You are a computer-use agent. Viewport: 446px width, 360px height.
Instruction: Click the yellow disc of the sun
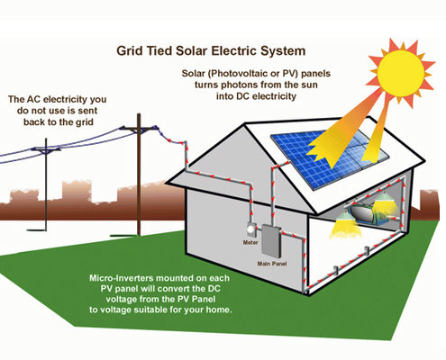point(401,71)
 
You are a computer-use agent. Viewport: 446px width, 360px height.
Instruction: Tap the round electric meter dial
point(250,230)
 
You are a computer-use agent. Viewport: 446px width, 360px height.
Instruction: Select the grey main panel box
point(271,241)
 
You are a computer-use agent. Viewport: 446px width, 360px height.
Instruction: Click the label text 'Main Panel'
point(272,264)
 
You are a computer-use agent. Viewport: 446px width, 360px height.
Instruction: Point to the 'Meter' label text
point(250,242)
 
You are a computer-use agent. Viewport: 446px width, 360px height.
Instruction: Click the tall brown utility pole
point(139,175)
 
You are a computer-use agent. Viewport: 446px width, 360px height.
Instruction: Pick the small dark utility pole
point(46,184)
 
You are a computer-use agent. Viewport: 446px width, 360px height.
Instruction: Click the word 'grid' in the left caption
point(84,122)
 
